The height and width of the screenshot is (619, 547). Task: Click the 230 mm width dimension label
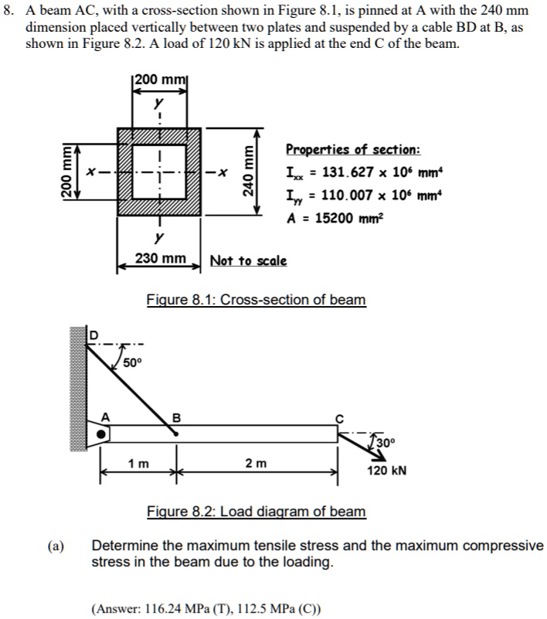159,259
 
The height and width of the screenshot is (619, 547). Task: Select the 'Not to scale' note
248,260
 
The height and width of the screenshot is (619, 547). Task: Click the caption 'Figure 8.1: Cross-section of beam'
256,299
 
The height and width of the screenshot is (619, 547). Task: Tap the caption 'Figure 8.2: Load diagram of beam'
257,512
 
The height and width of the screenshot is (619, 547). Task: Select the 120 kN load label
386,470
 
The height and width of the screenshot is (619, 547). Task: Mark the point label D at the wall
97,335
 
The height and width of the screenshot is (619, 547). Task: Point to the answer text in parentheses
205,607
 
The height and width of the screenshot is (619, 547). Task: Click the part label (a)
54,546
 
